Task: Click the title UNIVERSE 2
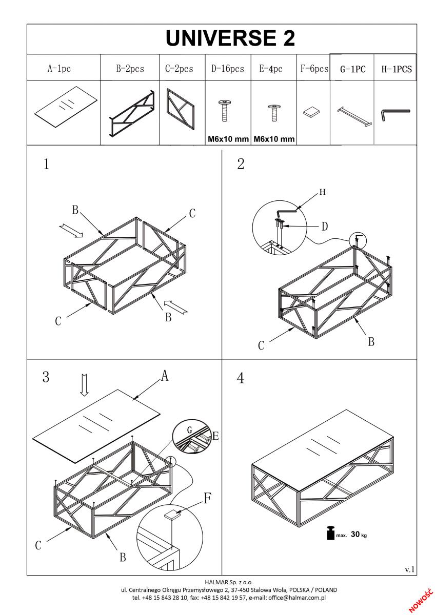point(230,38)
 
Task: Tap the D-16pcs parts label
point(227,69)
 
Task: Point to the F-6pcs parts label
point(313,69)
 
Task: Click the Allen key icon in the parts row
point(394,113)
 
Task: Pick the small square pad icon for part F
point(311,112)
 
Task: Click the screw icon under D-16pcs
point(224,111)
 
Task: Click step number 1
point(46,164)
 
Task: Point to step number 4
point(240,378)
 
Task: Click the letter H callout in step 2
point(322,192)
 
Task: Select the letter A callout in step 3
point(165,376)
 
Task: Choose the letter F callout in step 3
point(207,498)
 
